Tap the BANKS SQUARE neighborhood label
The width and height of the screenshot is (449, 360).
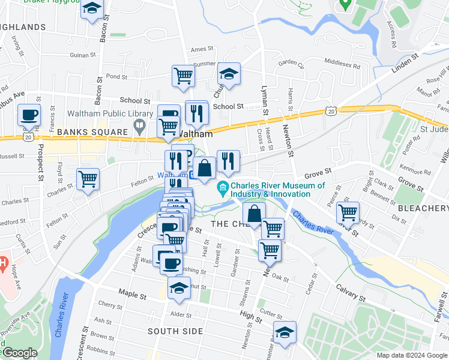[x=92, y=132]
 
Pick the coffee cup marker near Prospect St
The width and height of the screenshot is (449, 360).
[x=28, y=115]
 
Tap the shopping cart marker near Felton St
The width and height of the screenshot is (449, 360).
[x=88, y=179]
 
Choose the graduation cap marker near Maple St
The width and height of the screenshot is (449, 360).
[x=178, y=289]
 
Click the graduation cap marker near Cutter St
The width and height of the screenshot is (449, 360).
[x=285, y=332]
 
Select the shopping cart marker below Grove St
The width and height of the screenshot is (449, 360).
[x=348, y=212]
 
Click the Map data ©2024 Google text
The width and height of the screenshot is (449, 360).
[x=412, y=355]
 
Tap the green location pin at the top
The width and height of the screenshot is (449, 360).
[x=345, y=4]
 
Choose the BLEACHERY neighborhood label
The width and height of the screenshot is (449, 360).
[x=423, y=208]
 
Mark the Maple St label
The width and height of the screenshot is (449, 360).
[x=132, y=295]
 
